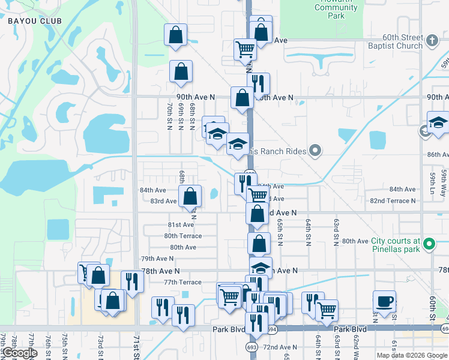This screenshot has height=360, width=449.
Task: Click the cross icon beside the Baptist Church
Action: (x=432, y=41)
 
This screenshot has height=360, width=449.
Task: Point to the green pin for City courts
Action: (x=429, y=244)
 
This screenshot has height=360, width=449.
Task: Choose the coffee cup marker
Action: (x=384, y=301)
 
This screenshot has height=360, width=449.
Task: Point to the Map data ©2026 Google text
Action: (x=411, y=355)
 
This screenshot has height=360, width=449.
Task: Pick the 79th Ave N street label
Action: (x=157, y=259)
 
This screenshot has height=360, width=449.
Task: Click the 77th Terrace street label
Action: (x=182, y=282)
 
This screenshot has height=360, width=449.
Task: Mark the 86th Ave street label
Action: (x=438, y=154)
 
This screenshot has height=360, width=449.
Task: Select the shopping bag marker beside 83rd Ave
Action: (x=190, y=196)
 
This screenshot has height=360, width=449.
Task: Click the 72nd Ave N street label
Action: (x=280, y=347)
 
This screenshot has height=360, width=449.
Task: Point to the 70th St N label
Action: (x=170, y=116)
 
